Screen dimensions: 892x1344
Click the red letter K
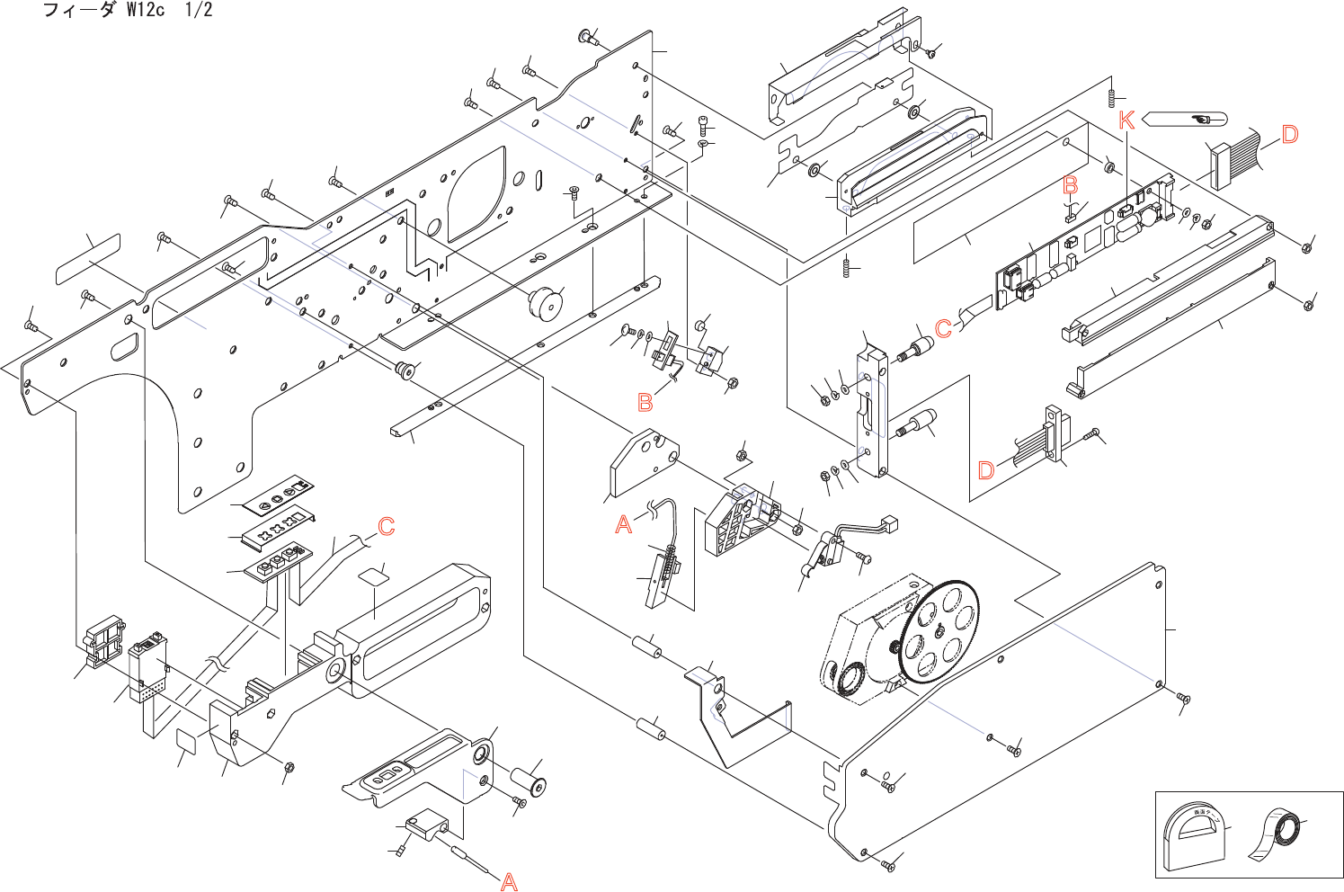click(x=1126, y=120)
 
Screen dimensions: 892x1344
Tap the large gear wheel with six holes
click(x=939, y=630)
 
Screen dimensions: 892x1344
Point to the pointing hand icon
click(x=1201, y=119)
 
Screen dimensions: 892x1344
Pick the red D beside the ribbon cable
click(x=1290, y=135)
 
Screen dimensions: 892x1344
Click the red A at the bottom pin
click(x=509, y=882)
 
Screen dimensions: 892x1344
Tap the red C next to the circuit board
click(x=943, y=328)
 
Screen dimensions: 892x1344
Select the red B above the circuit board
click(x=1070, y=185)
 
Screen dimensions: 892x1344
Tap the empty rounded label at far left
click(x=88, y=259)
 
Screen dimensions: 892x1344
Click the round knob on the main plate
click(x=545, y=303)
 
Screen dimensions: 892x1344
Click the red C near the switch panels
click(x=387, y=526)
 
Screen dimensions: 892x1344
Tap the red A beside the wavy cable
click(x=624, y=524)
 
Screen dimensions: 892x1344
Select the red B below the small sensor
click(x=645, y=402)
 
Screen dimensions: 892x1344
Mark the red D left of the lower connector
click(x=986, y=470)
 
